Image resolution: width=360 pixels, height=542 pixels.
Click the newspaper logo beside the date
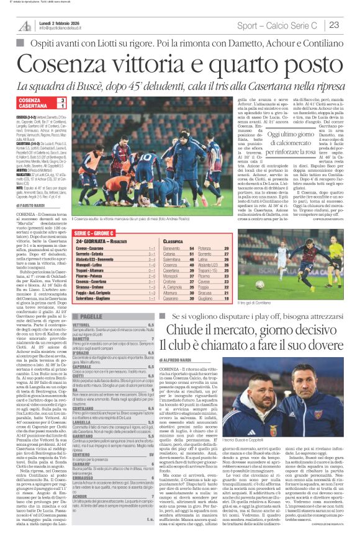[x=25, y=25]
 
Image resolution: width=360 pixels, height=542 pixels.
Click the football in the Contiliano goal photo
[x=259, y=285]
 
